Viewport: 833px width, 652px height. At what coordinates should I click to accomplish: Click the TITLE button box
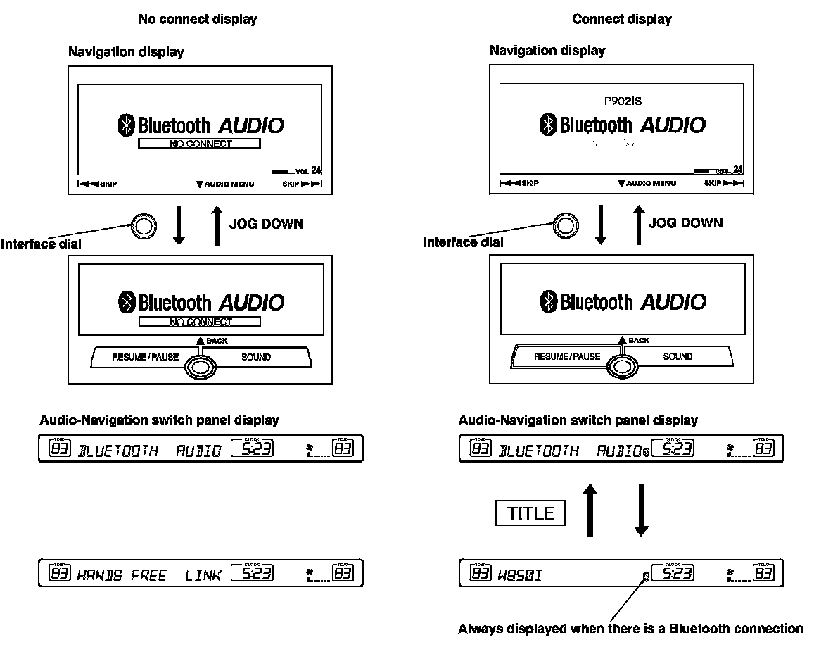(x=531, y=513)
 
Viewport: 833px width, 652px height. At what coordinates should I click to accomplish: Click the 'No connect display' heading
(x=197, y=19)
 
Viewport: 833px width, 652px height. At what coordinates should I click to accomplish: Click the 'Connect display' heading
(x=621, y=19)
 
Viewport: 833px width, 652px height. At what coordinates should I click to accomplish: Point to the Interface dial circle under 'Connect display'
(x=564, y=225)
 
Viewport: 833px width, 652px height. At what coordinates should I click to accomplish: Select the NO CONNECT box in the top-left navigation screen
(x=200, y=144)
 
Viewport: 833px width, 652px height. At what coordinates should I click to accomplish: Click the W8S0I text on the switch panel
(x=521, y=575)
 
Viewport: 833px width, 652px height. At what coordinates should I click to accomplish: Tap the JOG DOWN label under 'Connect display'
(x=685, y=223)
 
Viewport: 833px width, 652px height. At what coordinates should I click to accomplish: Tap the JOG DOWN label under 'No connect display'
(x=266, y=224)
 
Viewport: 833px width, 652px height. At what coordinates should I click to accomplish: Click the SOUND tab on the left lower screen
(x=256, y=357)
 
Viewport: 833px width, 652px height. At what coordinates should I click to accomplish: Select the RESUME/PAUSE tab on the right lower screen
(x=567, y=356)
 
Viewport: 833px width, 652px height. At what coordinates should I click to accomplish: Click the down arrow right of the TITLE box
(x=640, y=510)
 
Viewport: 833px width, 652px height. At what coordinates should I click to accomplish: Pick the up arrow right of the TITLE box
(x=591, y=510)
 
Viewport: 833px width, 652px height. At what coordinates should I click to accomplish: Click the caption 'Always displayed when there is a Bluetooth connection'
(x=630, y=628)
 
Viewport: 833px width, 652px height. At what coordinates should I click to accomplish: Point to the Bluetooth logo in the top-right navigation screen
(x=547, y=125)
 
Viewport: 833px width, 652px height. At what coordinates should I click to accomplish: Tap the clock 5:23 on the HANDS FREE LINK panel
(x=252, y=575)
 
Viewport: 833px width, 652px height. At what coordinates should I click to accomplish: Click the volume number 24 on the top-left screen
(x=316, y=170)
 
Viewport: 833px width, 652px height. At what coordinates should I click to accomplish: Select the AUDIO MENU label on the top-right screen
(x=647, y=184)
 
